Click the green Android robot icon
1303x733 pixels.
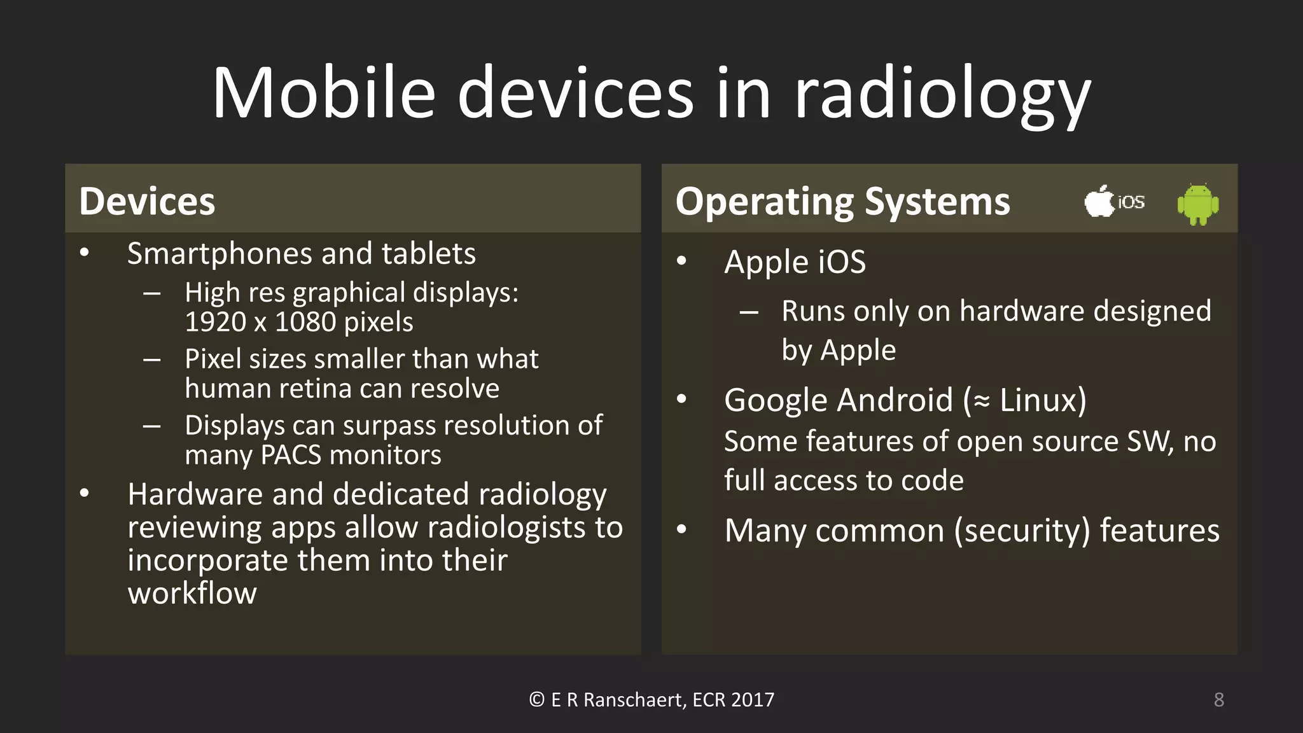[x=1198, y=204]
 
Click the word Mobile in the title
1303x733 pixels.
[x=323, y=93]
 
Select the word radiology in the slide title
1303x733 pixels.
[x=943, y=95]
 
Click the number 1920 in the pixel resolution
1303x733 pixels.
[x=216, y=322]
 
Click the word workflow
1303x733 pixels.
[x=192, y=593]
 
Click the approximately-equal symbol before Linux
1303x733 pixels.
[x=982, y=401]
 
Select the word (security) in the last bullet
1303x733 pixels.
[x=1022, y=531]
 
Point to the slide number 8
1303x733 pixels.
[x=1218, y=700]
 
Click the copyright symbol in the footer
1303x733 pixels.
[x=536, y=700]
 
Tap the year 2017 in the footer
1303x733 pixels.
[x=753, y=700]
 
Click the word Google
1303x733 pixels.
[x=774, y=401]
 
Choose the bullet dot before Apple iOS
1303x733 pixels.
[x=682, y=261]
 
